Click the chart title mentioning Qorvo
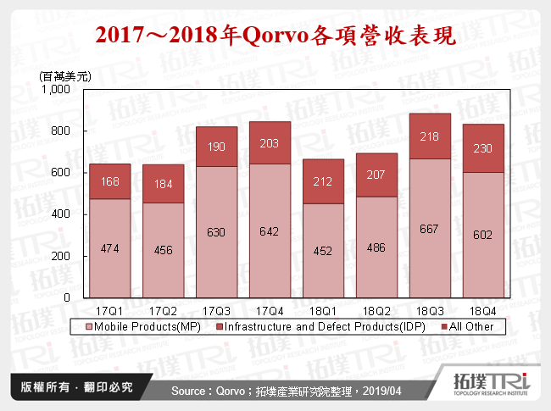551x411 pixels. pos(275,36)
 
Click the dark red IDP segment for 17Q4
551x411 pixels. pos(269,143)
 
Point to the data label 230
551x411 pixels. pos(481,147)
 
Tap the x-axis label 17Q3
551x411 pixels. pos(216,310)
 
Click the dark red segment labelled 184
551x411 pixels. pos(163,184)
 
